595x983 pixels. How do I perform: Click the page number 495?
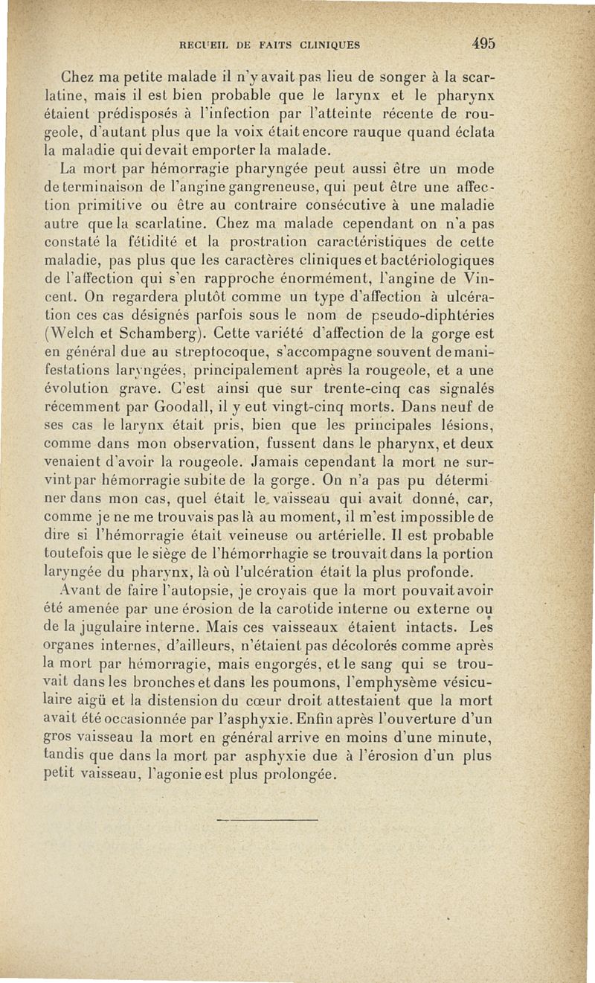[x=483, y=43]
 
